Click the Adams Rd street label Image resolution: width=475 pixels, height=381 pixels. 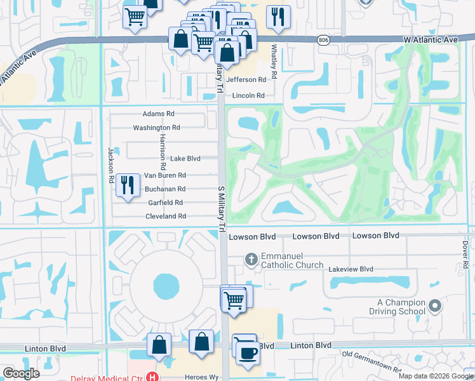[158, 114]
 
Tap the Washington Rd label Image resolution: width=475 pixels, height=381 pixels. [156, 128]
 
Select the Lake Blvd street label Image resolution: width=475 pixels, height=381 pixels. [185, 159]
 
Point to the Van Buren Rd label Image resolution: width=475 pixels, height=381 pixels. [165, 175]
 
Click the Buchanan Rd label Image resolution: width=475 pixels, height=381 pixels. [165, 189]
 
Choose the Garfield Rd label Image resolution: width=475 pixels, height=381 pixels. [165, 203]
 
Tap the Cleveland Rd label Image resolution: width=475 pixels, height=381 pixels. [165, 217]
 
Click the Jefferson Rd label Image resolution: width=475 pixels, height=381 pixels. [246, 80]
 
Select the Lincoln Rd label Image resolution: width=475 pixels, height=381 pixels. [248, 96]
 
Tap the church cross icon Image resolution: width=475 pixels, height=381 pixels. [251, 258]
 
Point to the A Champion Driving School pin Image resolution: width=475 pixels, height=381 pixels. [434, 307]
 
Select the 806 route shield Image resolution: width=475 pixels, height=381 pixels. [324, 40]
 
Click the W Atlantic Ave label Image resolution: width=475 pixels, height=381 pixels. [431, 39]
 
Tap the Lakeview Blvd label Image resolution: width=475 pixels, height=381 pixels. [351, 269]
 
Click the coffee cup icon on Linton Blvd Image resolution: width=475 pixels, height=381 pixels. [248, 353]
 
